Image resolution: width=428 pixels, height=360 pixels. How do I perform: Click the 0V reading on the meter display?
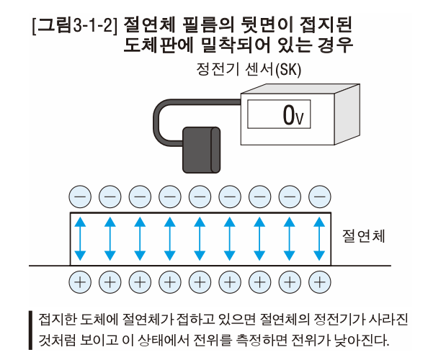pos(291,114)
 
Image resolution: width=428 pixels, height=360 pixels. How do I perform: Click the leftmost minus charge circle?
pos(80,195)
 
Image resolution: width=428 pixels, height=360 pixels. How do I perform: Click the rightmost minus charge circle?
pos(319,195)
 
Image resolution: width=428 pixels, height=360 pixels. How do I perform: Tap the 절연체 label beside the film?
pos(364,236)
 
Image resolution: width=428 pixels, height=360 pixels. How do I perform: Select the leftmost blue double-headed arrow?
pos(80,238)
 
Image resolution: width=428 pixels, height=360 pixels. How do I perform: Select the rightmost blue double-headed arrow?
pos(319,238)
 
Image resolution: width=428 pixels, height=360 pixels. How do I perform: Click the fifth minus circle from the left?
pos(200,195)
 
